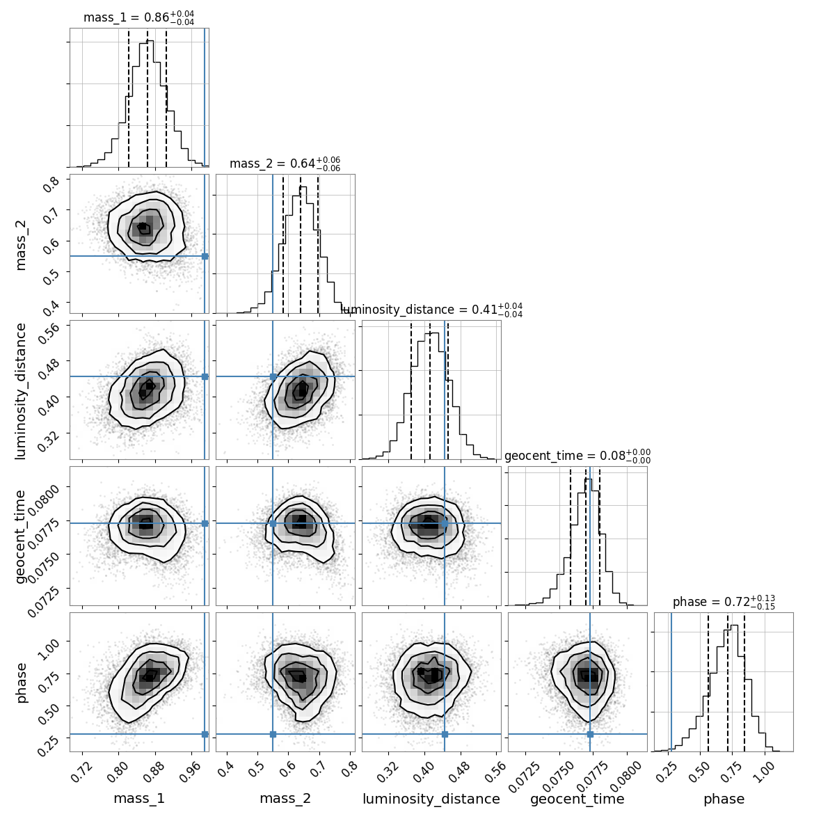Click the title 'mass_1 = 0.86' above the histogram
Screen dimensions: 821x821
coord(138,17)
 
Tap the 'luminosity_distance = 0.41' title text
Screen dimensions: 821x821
coord(431,310)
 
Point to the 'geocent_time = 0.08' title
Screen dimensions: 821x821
coord(577,456)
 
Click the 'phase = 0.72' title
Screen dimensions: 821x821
coord(724,602)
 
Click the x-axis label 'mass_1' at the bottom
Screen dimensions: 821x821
coord(139,799)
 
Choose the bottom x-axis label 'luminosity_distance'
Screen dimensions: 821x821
coord(431,799)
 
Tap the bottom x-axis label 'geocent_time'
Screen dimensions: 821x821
coord(577,799)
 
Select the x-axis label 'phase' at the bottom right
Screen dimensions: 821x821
coord(724,799)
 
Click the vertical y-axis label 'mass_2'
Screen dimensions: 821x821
coord(21,244)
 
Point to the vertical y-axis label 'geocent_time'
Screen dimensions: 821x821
coord(21,536)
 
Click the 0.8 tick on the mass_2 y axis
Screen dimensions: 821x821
coord(54,185)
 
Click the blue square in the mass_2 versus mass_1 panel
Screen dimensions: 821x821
coord(205,256)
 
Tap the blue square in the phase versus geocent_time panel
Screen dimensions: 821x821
coord(590,734)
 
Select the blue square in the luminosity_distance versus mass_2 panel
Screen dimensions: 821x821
coord(273,376)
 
